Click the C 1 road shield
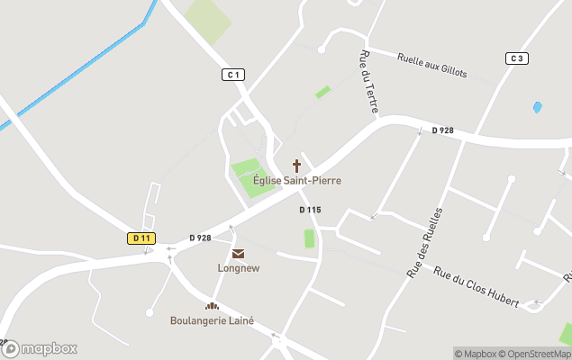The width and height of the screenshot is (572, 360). [233, 75]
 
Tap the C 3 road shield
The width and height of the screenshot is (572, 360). [515, 58]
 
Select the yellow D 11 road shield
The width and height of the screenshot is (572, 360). [141, 238]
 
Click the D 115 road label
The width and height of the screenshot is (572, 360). [310, 210]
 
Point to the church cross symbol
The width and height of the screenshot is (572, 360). [296, 166]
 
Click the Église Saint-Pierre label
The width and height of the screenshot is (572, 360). [296, 181]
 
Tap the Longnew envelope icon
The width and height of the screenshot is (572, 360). [238, 255]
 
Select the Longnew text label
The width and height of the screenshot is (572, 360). [238, 268]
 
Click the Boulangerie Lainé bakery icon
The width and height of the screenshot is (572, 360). [212, 307]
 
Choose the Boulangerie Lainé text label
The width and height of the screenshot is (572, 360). [212, 320]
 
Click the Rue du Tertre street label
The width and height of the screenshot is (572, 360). [369, 82]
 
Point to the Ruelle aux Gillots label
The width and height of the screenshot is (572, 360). [432, 66]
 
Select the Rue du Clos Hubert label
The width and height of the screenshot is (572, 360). [477, 288]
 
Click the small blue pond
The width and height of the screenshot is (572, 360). [538, 107]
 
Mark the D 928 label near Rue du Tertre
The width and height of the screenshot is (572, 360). [442, 130]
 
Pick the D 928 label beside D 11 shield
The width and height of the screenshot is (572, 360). [200, 238]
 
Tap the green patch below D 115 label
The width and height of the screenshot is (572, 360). [310, 238]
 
